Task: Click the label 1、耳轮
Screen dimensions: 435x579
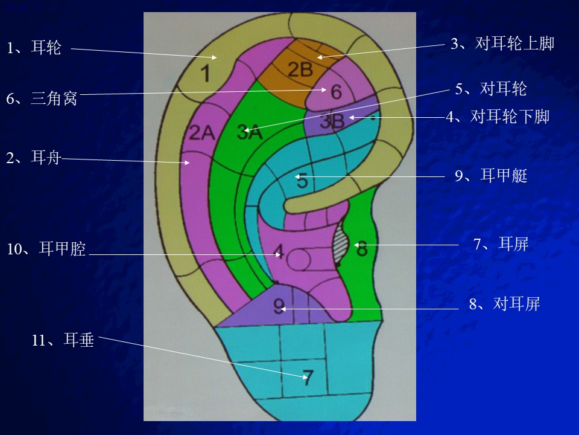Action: click(34, 48)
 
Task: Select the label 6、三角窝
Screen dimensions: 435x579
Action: click(42, 98)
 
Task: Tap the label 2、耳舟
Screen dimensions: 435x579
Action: click(34, 158)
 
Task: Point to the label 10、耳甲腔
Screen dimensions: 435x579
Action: click(46, 249)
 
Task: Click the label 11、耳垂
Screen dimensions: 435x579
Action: click(63, 340)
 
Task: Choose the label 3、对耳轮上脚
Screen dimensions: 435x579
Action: click(502, 44)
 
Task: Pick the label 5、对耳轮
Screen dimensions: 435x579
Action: click(491, 89)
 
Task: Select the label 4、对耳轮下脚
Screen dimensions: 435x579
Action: click(498, 117)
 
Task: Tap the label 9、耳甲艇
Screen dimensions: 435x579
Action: click(492, 176)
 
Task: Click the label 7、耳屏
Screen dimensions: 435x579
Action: click(501, 244)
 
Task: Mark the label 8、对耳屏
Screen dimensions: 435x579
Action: click(504, 304)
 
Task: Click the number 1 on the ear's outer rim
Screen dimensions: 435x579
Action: click(205, 74)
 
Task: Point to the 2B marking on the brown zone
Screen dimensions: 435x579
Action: click(300, 69)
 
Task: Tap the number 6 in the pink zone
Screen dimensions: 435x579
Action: click(336, 92)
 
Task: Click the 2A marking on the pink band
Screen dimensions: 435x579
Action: click(202, 133)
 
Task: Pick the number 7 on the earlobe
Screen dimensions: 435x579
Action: click(308, 379)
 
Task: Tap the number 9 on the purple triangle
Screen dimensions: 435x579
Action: click(279, 306)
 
